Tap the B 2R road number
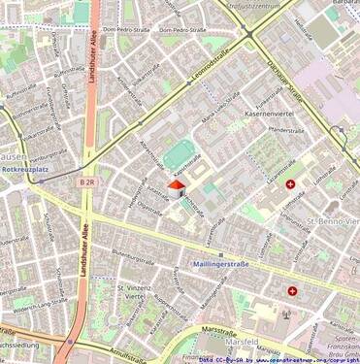(88, 182)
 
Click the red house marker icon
(177, 186)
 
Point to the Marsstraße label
(222, 330)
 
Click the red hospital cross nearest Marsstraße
(292, 290)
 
